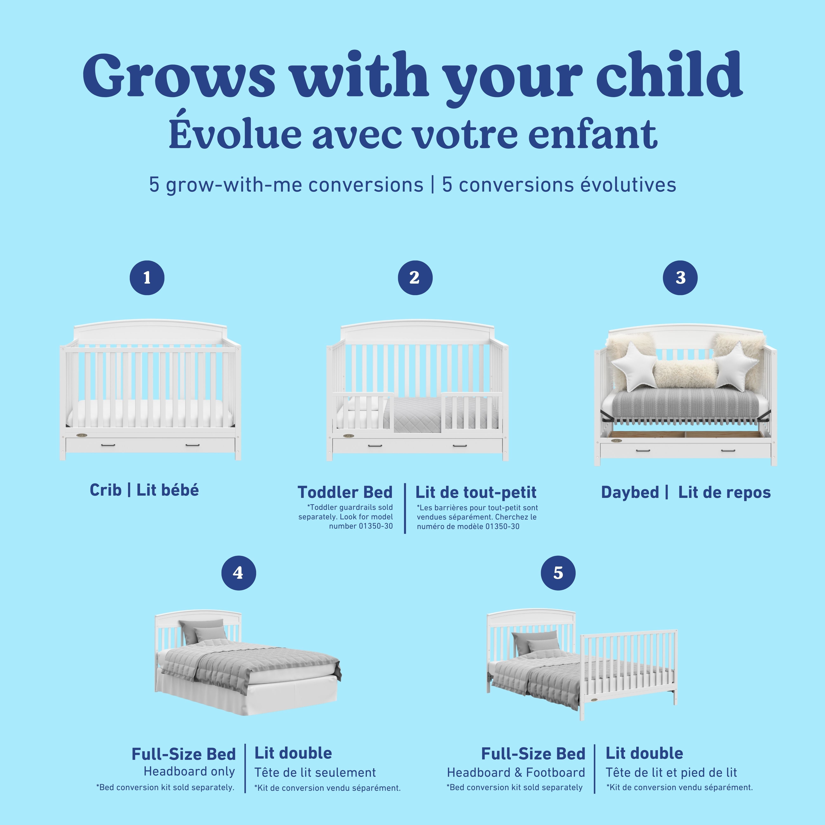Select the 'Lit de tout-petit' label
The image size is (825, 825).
click(476, 492)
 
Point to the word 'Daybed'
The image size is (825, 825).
click(630, 492)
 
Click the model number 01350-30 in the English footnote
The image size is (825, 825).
click(375, 526)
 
